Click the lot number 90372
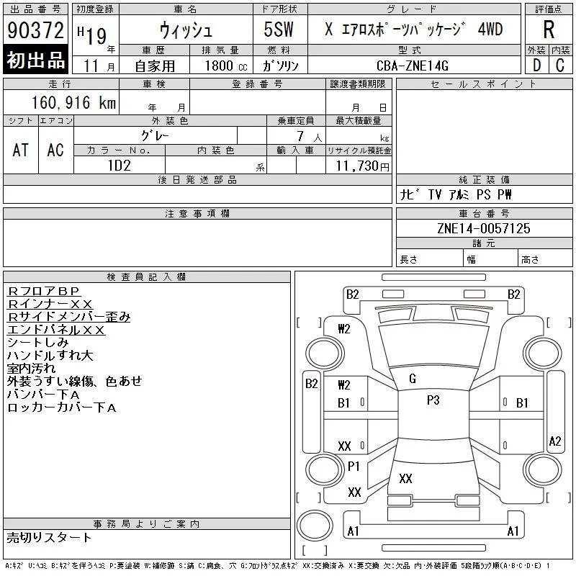click(35, 30)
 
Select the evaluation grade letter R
click(549, 30)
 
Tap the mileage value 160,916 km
click(73, 102)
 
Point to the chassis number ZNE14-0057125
click(484, 228)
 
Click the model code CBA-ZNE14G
click(413, 66)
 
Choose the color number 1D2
click(120, 166)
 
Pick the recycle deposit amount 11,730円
click(363, 166)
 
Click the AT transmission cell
click(21, 150)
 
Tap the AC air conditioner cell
click(56, 150)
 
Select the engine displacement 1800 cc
click(226, 66)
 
